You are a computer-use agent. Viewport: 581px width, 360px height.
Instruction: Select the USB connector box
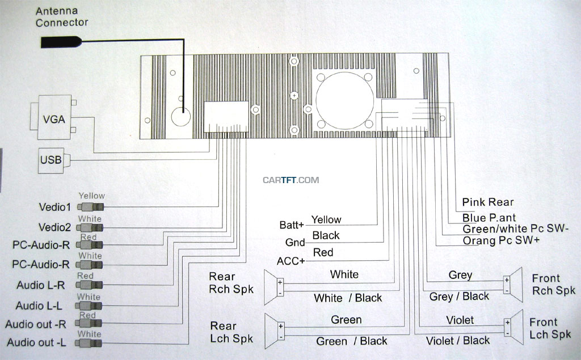pos(50,160)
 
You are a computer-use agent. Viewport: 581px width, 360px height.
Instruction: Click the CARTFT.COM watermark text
pos(291,180)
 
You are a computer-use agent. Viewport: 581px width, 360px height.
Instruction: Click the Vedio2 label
pos(56,227)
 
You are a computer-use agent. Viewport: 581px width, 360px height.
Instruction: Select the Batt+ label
pos(292,225)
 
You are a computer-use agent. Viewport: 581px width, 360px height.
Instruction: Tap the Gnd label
pos(295,243)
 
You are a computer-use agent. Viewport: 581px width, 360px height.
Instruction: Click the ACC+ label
pos(290,261)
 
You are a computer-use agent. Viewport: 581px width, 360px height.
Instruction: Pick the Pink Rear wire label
pos(487,202)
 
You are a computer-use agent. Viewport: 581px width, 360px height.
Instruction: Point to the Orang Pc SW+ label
pos(501,240)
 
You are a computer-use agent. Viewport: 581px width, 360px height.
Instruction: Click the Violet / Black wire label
pos(457,340)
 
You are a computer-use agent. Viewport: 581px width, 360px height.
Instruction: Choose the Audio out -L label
pos(36,343)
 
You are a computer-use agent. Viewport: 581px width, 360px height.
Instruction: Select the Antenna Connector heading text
pos(62,17)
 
